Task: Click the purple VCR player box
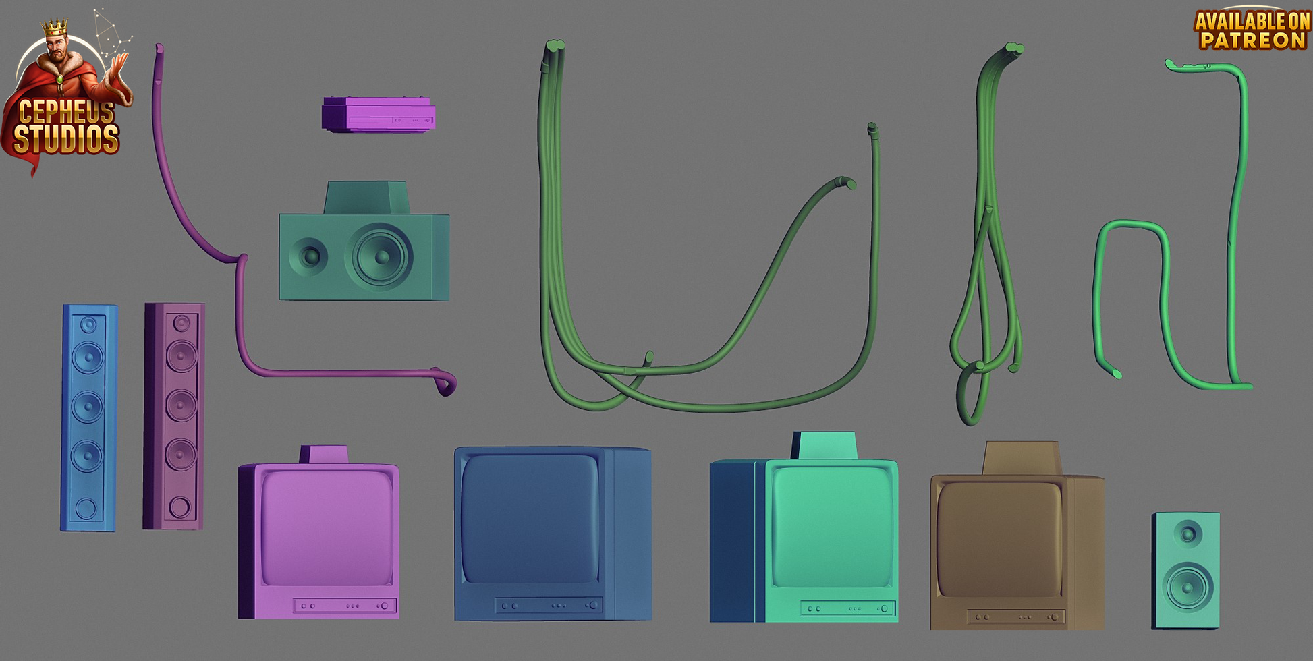click(x=379, y=115)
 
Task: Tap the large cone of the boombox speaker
click(x=379, y=256)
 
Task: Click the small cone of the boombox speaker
click(x=309, y=256)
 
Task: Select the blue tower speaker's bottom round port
click(x=86, y=509)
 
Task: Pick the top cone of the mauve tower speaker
click(x=181, y=324)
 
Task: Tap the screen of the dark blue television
click(x=530, y=517)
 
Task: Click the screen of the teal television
click(x=832, y=527)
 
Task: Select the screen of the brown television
click(x=999, y=539)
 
